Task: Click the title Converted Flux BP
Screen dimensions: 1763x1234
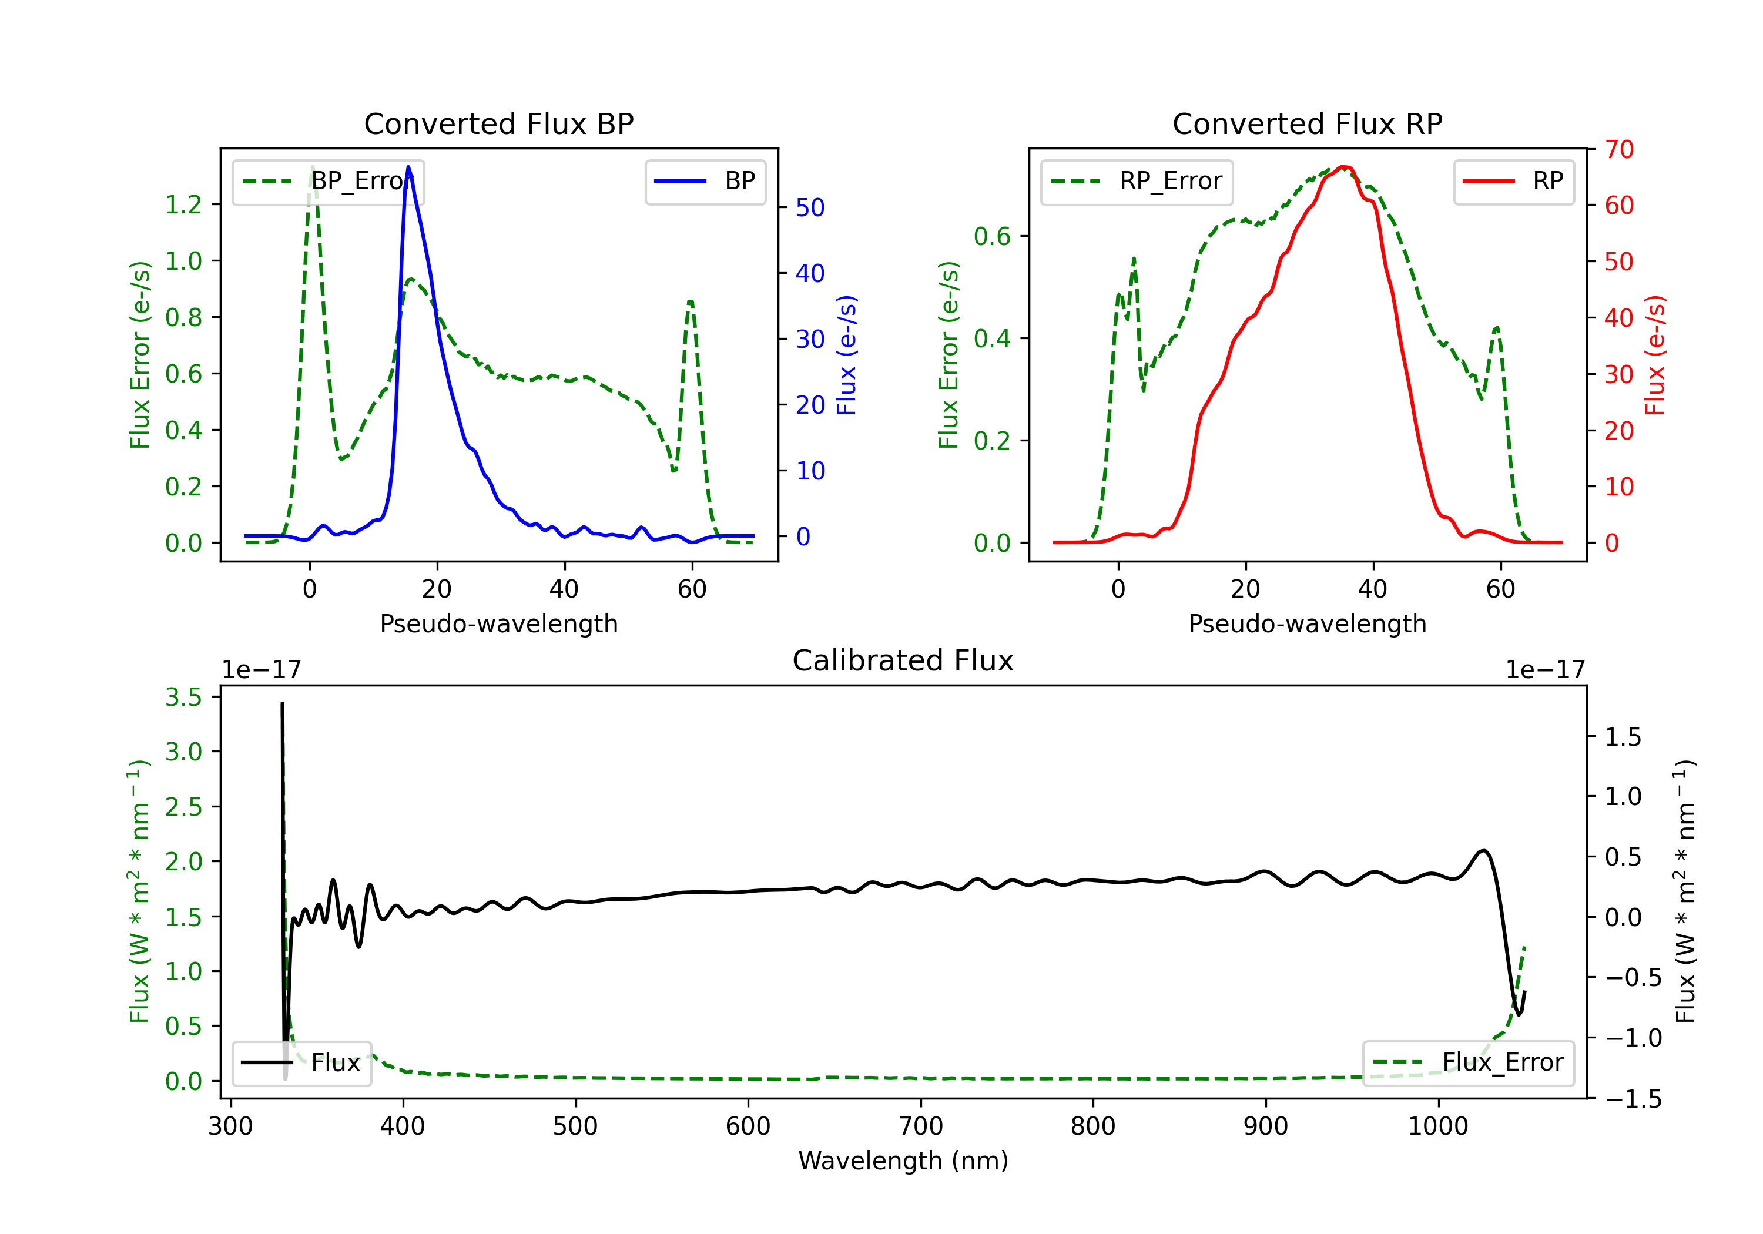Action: (x=499, y=123)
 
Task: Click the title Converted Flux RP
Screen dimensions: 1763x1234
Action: (x=1308, y=123)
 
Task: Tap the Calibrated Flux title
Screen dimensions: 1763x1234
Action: (x=903, y=660)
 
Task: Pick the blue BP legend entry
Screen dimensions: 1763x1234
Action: (x=705, y=181)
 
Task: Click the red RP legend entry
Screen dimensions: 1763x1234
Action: (x=1513, y=181)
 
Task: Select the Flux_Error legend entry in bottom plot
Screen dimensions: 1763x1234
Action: (x=1468, y=1063)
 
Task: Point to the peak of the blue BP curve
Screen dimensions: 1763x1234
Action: (x=408, y=167)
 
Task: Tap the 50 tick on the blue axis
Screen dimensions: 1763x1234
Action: (x=810, y=208)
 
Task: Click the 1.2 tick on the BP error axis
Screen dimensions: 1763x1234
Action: (x=183, y=205)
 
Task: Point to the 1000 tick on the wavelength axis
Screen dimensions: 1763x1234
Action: (x=1438, y=1126)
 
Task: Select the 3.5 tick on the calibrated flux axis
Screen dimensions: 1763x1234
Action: (x=183, y=698)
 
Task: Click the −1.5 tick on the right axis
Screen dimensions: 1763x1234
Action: (x=1633, y=1099)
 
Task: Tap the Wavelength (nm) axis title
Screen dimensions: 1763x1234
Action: (x=903, y=1161)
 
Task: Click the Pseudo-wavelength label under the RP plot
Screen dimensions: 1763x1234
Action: (x=1308, y=623)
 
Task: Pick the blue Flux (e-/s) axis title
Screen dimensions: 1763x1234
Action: (x=846, y=356)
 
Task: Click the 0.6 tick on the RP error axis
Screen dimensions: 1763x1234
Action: (x=992, y=236)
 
